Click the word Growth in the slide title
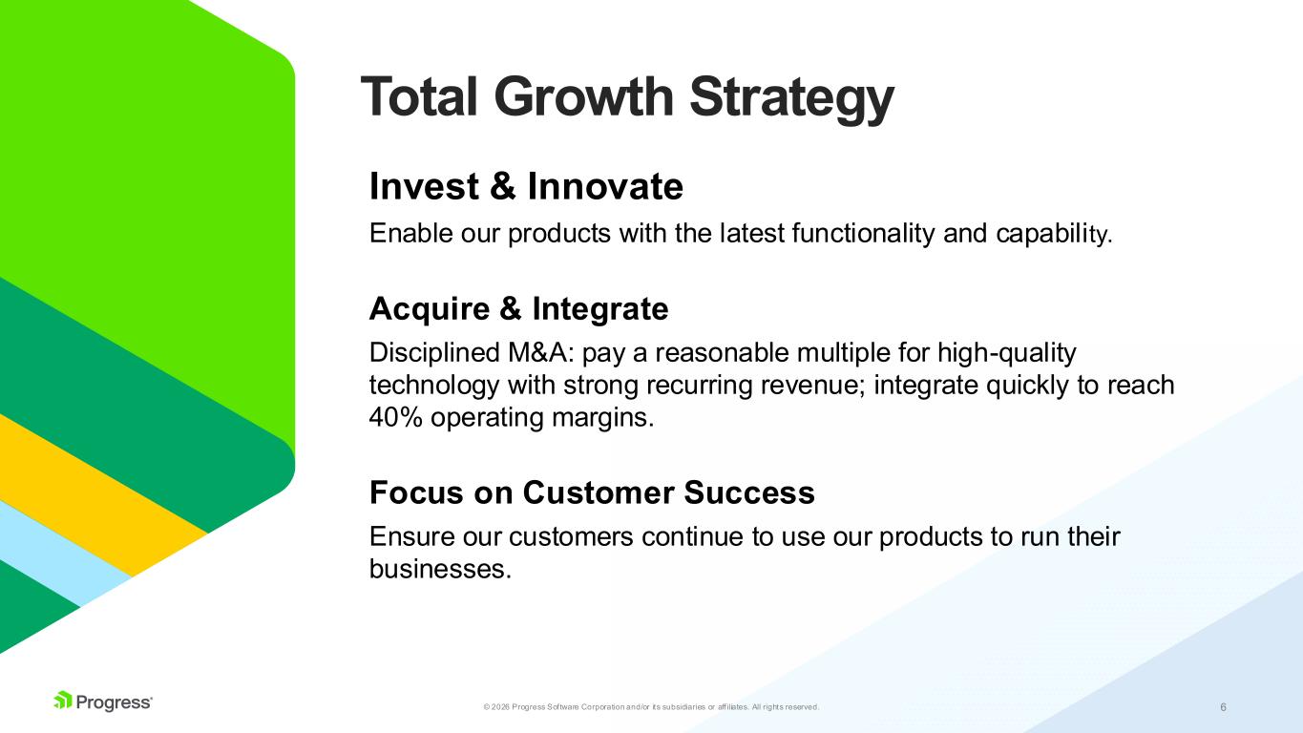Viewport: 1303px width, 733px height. (583, 96)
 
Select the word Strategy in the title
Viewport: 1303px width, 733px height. (791, 99)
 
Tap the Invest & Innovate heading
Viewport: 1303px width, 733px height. (526, 186)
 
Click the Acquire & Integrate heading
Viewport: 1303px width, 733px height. (518, 308)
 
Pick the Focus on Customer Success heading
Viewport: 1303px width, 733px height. (592, 492)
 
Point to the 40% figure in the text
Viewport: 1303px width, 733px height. (395, 417)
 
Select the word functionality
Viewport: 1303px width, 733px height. (863, 234)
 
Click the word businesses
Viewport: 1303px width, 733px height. (440, 569)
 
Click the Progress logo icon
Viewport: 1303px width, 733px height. (63, 700)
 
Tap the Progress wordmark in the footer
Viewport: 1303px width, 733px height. (114, 702)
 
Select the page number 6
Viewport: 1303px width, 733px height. (1224, 707)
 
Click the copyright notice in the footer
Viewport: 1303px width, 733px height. (651, 707)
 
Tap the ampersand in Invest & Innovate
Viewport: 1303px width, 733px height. (502, 186)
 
